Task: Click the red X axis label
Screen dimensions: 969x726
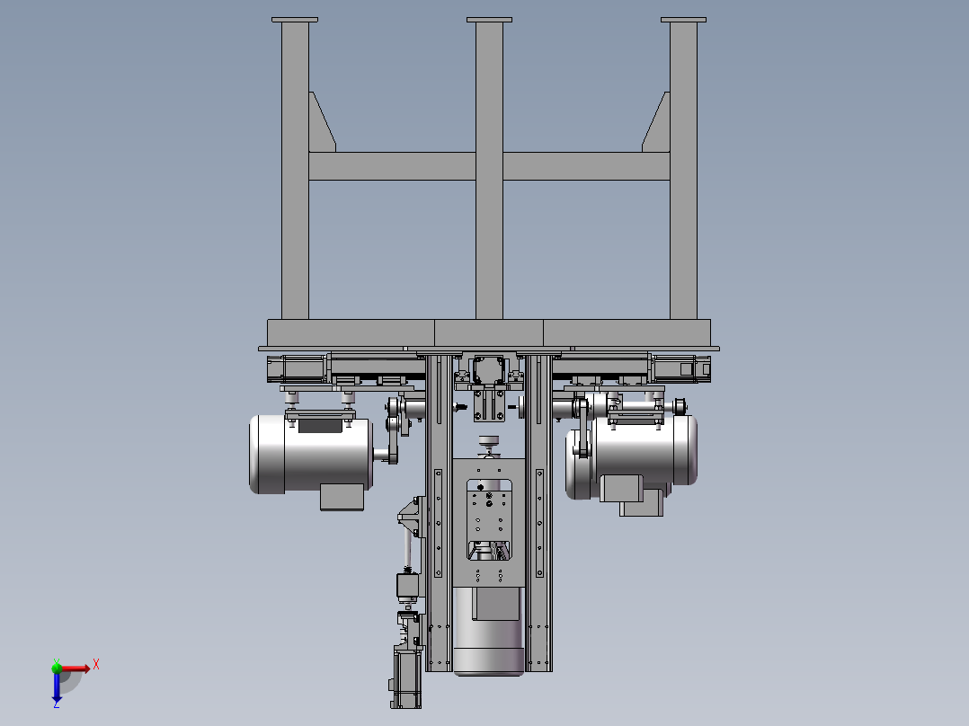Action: click(x=96, y=665)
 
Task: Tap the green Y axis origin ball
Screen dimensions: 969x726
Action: click(x=57, y=668)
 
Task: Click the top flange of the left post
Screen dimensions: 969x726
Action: click(x=295, y=20)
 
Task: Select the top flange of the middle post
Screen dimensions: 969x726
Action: click(x=489, y=20)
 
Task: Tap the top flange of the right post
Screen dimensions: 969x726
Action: click(x=683, y=20)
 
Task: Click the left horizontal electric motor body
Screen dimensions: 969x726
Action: click(x=311, y=454)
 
